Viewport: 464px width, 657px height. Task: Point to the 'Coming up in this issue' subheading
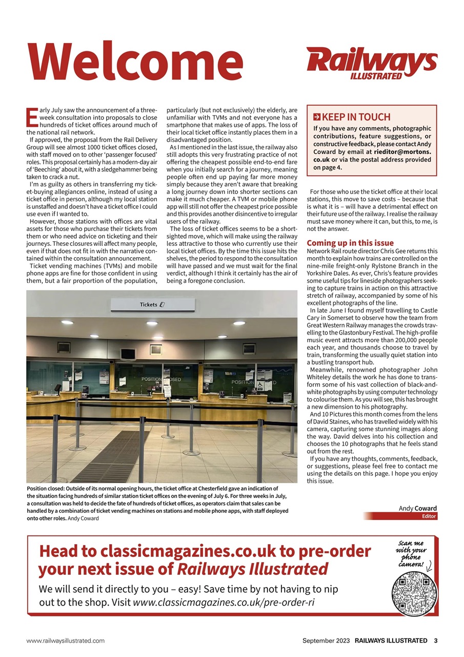[x=350, y=243]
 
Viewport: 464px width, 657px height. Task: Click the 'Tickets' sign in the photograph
[x=152, y=304]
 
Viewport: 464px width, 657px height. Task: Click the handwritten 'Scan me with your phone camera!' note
[x=412, y=554]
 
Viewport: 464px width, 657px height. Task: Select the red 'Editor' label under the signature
[x=429, y=516]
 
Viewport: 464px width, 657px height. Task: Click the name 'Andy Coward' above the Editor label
[x=418, y=508]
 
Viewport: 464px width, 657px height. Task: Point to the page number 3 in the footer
[x=435, y=640]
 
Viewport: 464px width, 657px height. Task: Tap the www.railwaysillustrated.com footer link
[x=66, y=641]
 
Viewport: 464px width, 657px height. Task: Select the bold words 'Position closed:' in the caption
[x=49, y=489]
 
